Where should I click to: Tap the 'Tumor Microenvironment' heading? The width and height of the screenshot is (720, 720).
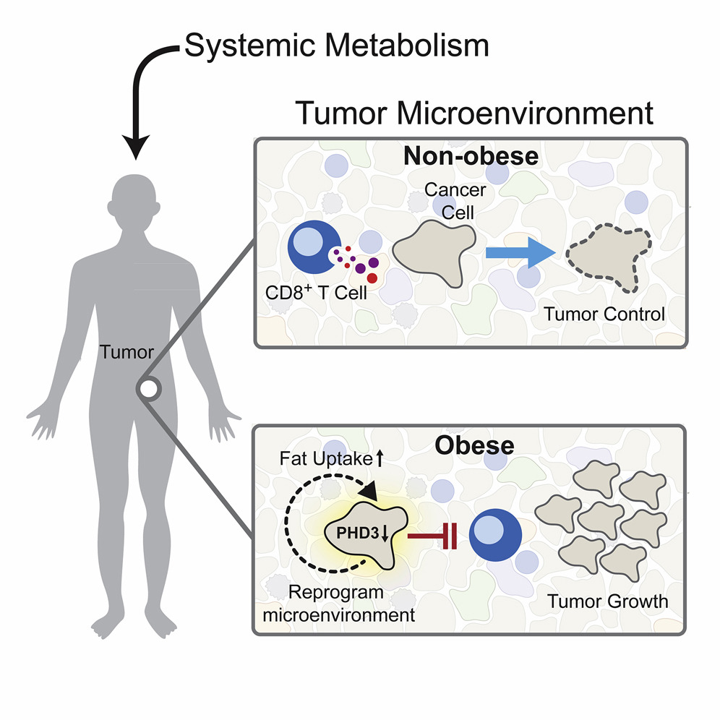pos(474,113)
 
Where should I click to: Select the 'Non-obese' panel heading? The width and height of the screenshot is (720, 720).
pos(471,156)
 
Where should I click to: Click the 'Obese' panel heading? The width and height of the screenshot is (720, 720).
pos(474,445)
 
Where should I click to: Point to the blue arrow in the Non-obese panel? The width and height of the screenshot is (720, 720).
pos(520,252)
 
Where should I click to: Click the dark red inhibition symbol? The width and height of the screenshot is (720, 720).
pos(432,536)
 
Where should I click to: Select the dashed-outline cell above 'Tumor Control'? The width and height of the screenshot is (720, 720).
pos(609,258)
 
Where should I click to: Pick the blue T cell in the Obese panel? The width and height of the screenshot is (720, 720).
pos(495,535)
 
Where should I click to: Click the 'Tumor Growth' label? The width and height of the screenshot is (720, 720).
pos(607,601)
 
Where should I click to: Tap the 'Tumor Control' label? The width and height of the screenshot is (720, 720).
pos(604,314)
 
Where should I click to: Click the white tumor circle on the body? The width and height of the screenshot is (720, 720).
pos(149,389)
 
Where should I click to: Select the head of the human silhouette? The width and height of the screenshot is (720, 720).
pos(134,201)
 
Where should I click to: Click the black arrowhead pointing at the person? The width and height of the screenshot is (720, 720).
pos(136,147)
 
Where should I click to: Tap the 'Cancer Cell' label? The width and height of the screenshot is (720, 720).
pos(455,201)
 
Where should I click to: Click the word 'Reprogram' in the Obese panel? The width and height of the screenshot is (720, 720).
pos(335,592)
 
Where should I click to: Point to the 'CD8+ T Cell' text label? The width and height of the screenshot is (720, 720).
pos(316,292)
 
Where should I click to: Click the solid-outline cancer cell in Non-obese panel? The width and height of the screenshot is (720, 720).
pos(434,253)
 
